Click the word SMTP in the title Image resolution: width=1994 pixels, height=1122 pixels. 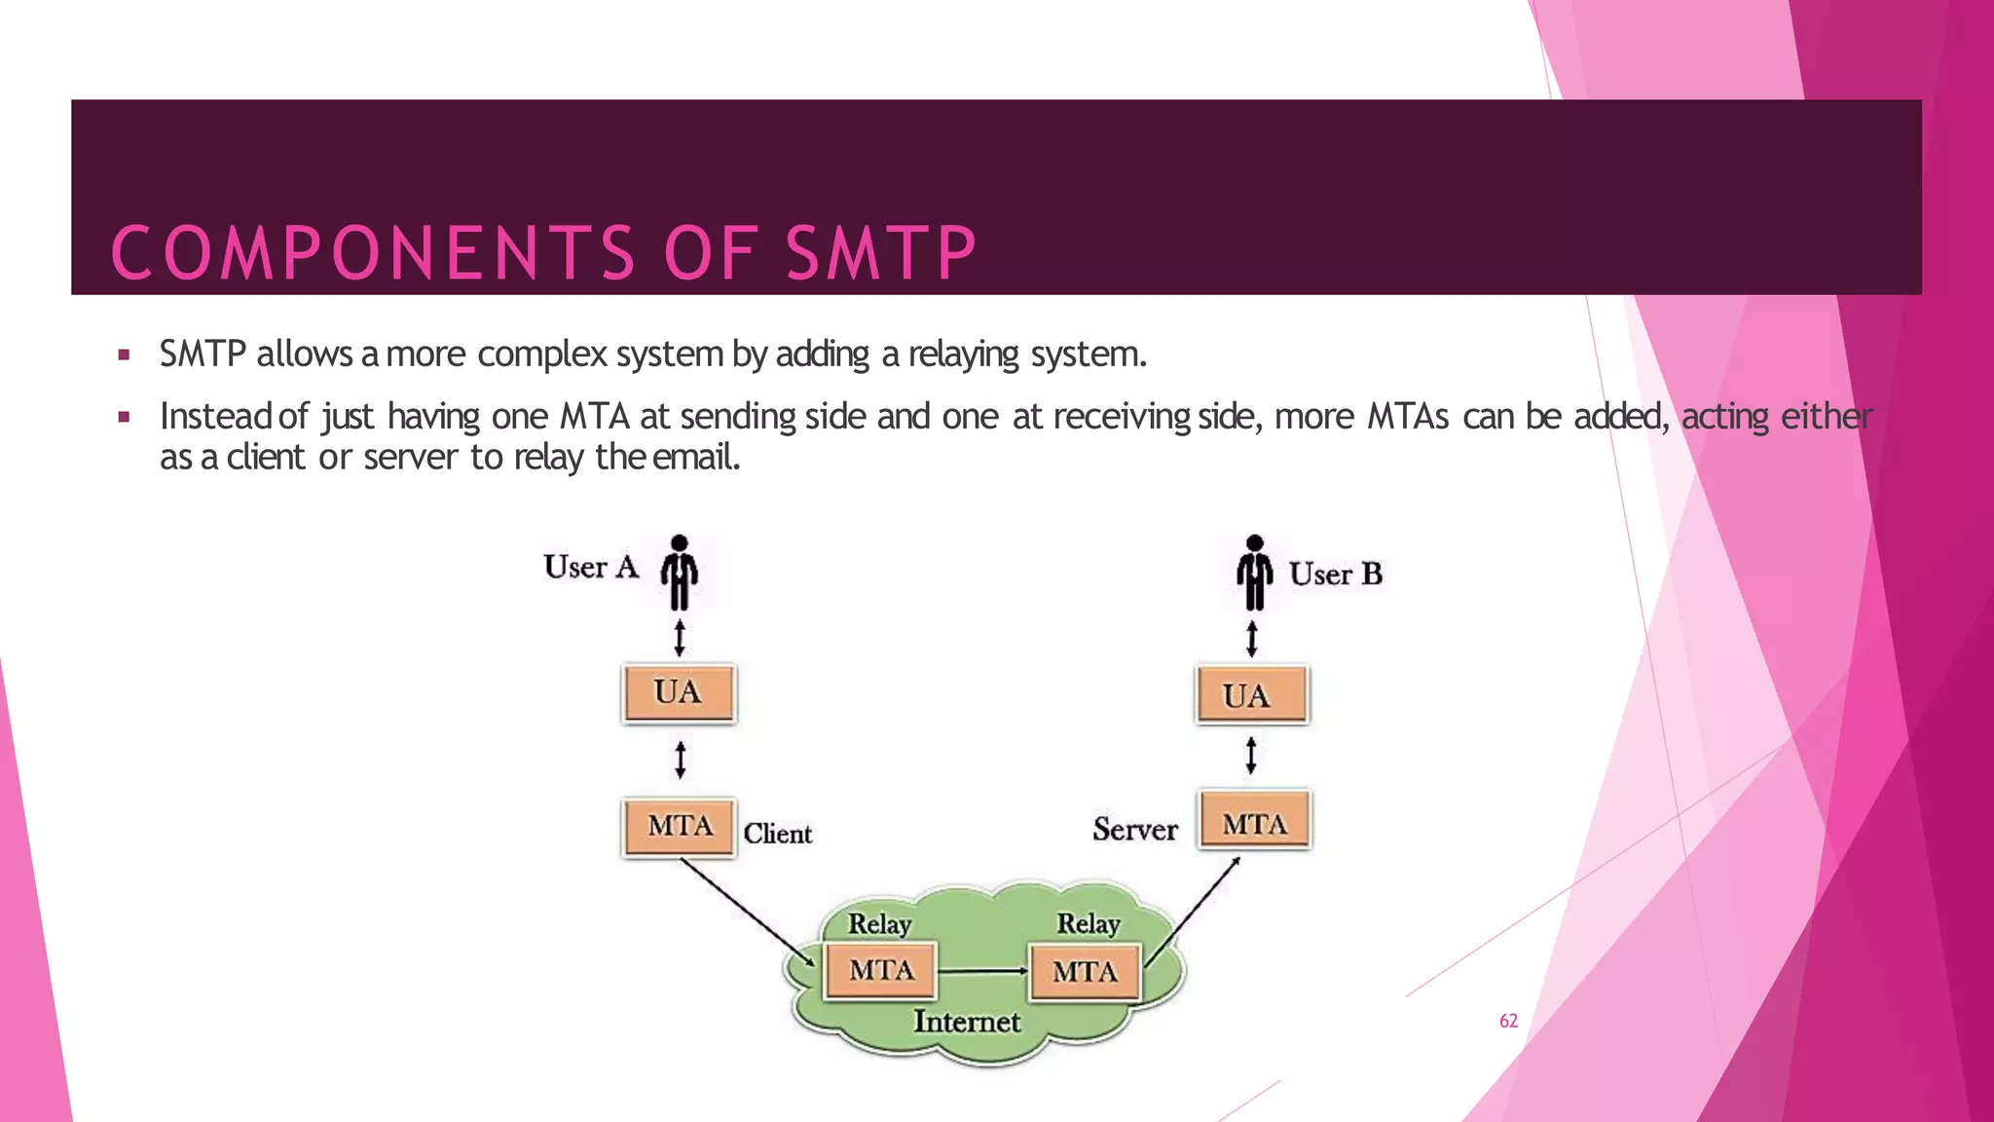click(880, 253)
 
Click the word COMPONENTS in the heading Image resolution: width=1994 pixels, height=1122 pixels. click(374, 253)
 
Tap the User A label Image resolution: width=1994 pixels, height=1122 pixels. click(590, 567)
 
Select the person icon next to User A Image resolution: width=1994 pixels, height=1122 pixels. click(680, 573)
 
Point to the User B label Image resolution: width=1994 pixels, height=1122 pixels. click(1335, 575)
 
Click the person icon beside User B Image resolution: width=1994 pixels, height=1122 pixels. click(1254, 573)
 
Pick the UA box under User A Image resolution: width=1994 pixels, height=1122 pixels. click(679, 693)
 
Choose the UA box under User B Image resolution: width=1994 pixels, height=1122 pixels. click(1252, 695)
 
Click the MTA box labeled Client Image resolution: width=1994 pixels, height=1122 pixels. click(679, 827)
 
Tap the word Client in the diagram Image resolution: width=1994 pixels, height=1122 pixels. click(777, 834)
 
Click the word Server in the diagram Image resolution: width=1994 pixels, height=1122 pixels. click(1134, 830)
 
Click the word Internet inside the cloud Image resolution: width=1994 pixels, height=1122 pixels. click(966, 1022)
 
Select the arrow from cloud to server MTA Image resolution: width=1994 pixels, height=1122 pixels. click(1193, 912)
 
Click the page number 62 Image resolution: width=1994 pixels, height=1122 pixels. click(1508, 1021)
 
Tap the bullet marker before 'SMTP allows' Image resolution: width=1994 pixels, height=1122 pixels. click(124, 355)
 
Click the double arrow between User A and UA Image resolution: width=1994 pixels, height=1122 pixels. click(680, 638)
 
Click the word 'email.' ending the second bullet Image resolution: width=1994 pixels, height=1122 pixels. click(696, 457)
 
